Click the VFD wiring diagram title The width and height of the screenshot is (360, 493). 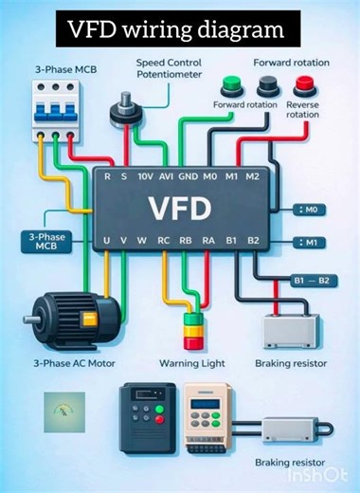click(175, 29)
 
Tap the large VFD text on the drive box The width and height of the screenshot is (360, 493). click(179, 205)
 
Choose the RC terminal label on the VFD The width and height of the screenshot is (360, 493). click(164, 242)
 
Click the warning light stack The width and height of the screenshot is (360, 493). click(193, 332)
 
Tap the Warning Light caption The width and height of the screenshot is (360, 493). click(196, 363)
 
